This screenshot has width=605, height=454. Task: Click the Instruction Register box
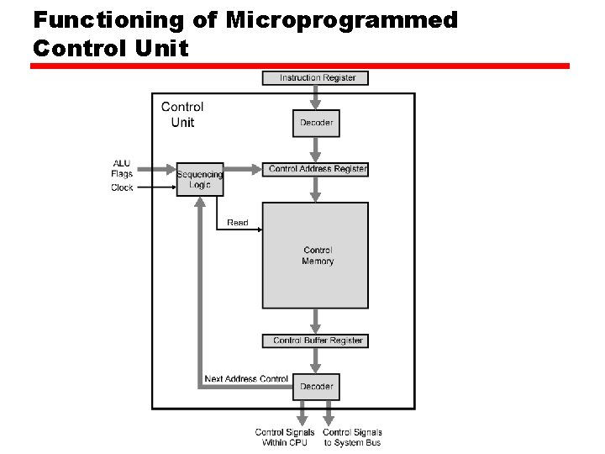tap(315, 78)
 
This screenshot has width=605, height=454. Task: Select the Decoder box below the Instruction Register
tap(316, 123)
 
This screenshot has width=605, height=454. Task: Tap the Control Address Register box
tap(316, 169)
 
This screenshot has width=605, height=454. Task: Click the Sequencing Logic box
tap(200, 179)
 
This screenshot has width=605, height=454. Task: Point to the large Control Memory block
tap(315, 255)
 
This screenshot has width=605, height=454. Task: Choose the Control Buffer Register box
tap(316, 340)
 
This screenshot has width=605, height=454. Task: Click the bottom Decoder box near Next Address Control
tap(316, 387)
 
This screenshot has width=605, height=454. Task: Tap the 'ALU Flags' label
tap(122, 168)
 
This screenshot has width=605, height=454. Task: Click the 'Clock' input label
tap(122, 187)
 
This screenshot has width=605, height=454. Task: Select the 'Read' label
tap(238, 223)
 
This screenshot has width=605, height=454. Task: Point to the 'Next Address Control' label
tap(246, 379)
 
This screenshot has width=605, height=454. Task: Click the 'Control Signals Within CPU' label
tap(285, 437)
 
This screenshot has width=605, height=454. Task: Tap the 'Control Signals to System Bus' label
tap(353, 437)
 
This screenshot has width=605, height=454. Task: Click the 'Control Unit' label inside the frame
tap(182, 114)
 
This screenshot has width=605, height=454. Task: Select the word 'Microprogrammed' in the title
tap(341, 20)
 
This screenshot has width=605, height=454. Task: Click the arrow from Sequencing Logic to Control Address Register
tap(243, 169)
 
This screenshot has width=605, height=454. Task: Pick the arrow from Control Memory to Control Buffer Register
tap(316, 321)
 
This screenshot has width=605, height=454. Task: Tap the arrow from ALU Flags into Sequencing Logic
tap(155, 169)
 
